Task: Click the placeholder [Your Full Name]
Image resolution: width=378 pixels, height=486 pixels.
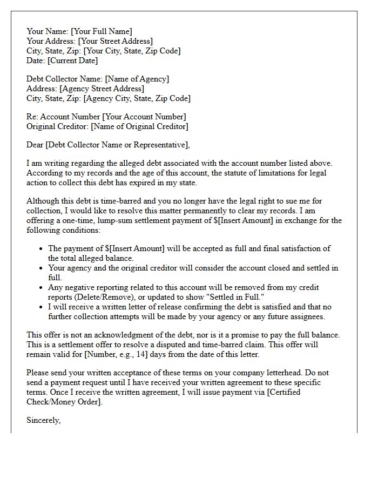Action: (101, 31)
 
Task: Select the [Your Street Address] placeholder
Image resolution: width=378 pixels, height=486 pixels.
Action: (115, 41)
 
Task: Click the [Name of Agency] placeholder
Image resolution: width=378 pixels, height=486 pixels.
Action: (137, 79)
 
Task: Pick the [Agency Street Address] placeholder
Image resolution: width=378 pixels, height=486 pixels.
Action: (102, 89)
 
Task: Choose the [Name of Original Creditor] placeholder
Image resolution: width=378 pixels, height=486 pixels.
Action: (139, 126)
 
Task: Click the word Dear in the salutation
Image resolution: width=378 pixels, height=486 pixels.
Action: (35, 145)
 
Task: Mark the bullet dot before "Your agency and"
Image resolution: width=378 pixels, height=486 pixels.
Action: (42, 268)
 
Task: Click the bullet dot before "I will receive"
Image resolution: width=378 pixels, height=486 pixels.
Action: (42, 307)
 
